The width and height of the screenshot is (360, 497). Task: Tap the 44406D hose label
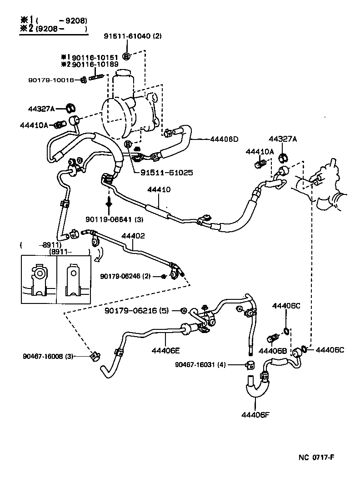(225, 139)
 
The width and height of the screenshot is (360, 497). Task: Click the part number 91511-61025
(166, 173)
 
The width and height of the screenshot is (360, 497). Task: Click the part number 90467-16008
(43, 356)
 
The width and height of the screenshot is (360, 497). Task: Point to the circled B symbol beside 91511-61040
(127, 56)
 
